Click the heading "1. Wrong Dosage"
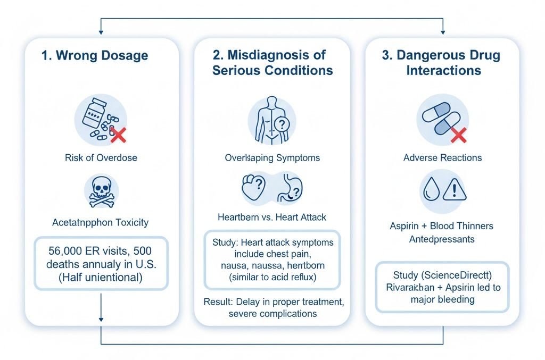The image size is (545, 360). [x=95, y=55]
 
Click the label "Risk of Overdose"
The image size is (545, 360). [x=101, y=157]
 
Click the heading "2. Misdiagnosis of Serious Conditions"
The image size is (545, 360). [x=272, y=62]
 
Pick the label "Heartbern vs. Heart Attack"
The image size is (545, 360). [x=272, y=217]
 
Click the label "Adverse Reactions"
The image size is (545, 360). [x=442, y=157]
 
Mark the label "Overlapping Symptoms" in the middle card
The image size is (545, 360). [x=272, y=157]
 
